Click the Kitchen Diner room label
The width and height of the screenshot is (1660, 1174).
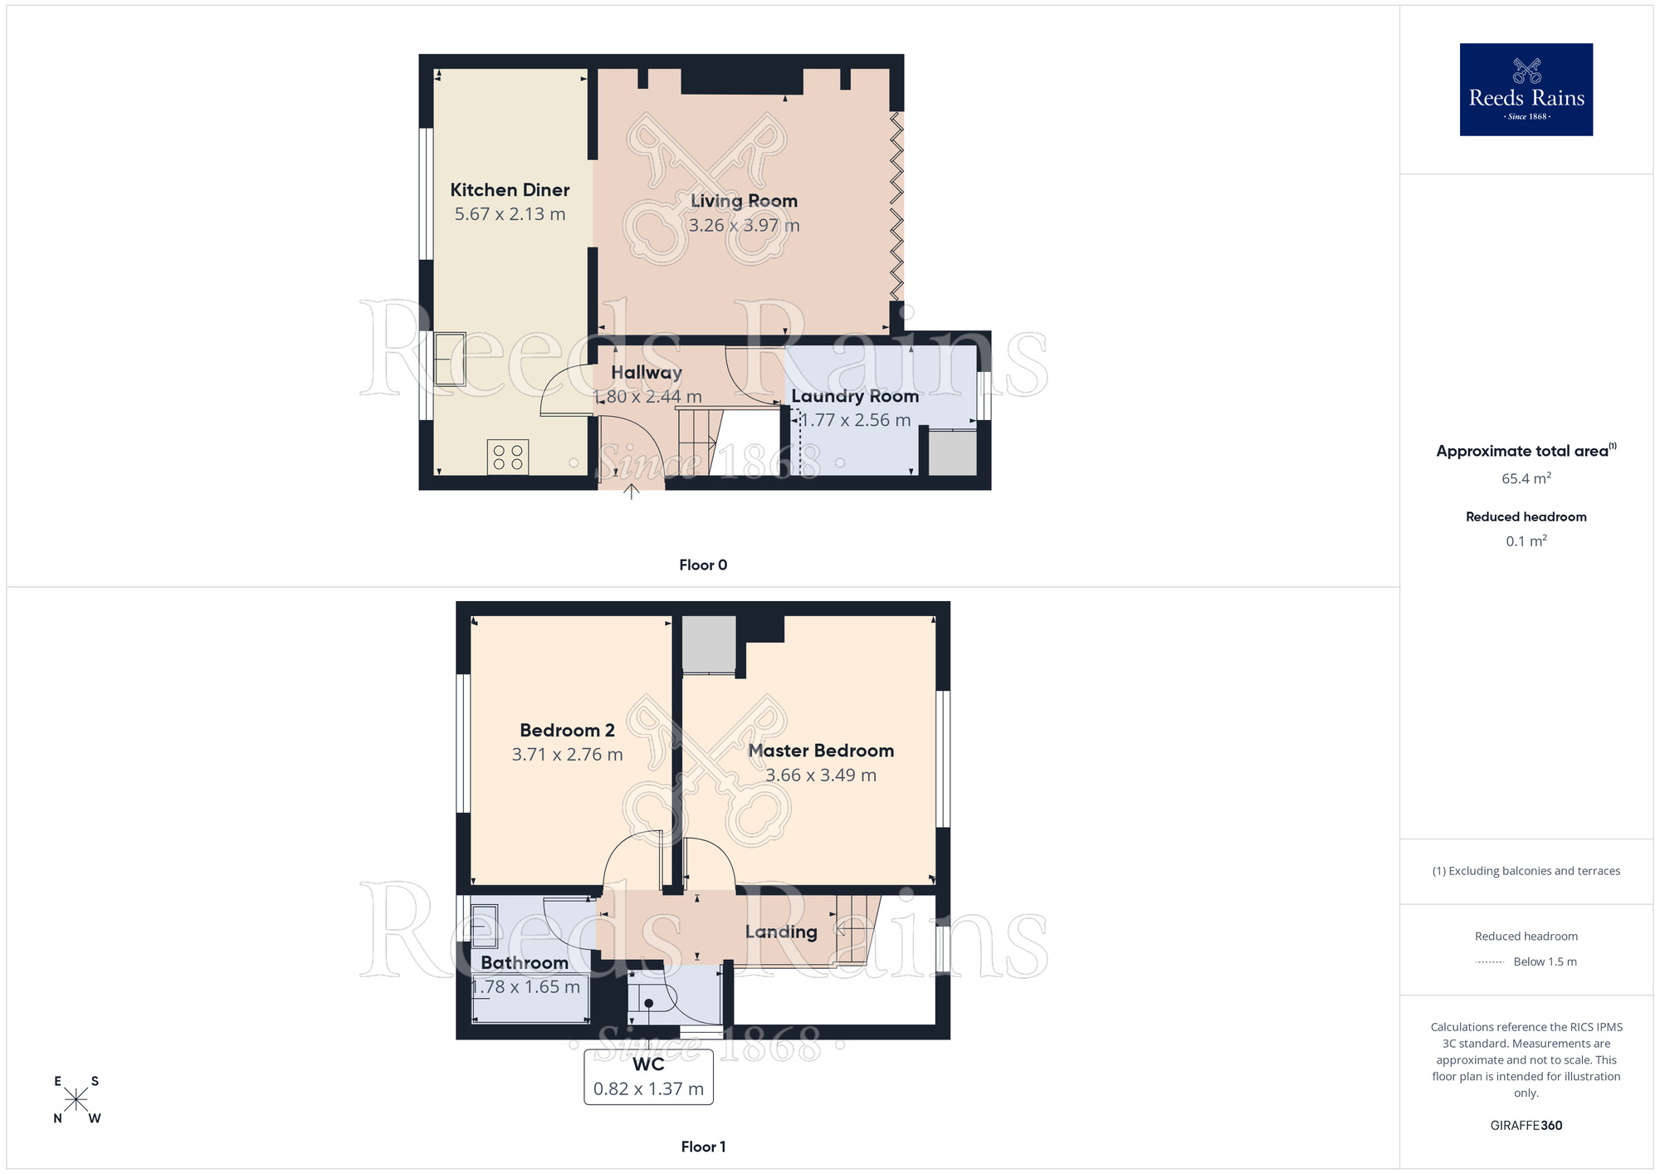[510, 190]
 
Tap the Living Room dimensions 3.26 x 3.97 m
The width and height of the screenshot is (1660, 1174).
[744, 225]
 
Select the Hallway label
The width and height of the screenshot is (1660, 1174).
[647, 373]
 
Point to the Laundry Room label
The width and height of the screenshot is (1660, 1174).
[855, 396]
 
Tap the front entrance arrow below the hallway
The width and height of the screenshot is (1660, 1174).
[632, 491]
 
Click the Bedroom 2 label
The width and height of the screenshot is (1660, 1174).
[567, 731]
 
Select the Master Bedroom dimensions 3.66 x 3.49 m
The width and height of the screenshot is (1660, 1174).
[821, 775]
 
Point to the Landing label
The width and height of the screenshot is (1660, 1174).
[781, 932]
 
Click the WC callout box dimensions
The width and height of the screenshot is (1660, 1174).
[648, 1089]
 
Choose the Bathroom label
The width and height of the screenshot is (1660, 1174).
[525, 963]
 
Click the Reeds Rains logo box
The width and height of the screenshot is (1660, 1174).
[1526, 90]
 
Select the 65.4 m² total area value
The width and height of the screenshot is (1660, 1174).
[1526, 479]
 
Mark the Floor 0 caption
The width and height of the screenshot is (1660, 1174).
[703, 565]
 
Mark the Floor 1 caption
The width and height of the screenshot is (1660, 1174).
[703, 1147]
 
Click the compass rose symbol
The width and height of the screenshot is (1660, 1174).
[76, 1100]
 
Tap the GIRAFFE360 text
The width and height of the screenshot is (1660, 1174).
[1526, 1126]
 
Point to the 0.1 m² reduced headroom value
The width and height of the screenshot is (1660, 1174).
[1526, 541]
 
